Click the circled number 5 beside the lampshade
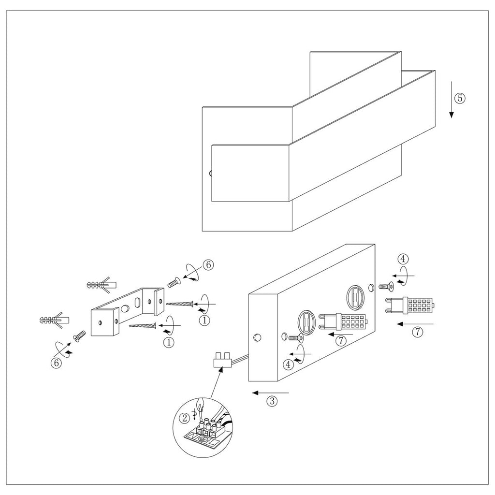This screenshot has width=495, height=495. [x=460, y=98]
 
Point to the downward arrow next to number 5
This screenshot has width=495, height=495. [x=451, y=100]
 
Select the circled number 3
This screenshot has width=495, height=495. [x=272, y=401]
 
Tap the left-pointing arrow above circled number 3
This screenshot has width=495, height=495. [x=271, y=393]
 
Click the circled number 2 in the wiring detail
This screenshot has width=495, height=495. [x=184, y=418]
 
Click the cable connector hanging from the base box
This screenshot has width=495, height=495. [x=222, y=360]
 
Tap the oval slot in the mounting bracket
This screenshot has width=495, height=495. [x=138, y=303]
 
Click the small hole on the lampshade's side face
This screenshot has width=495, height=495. [x=211, y=174]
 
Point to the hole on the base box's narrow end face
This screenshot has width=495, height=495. [x=257, y=337]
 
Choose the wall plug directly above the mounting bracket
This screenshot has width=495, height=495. [x=102, y=285]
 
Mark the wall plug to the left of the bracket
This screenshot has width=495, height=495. [x=55, y=320]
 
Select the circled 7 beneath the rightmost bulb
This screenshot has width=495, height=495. [x=418, y=332]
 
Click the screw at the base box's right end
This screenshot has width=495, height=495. [x=386, y=287]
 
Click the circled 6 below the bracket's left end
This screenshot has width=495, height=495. [x=56, y=363]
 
